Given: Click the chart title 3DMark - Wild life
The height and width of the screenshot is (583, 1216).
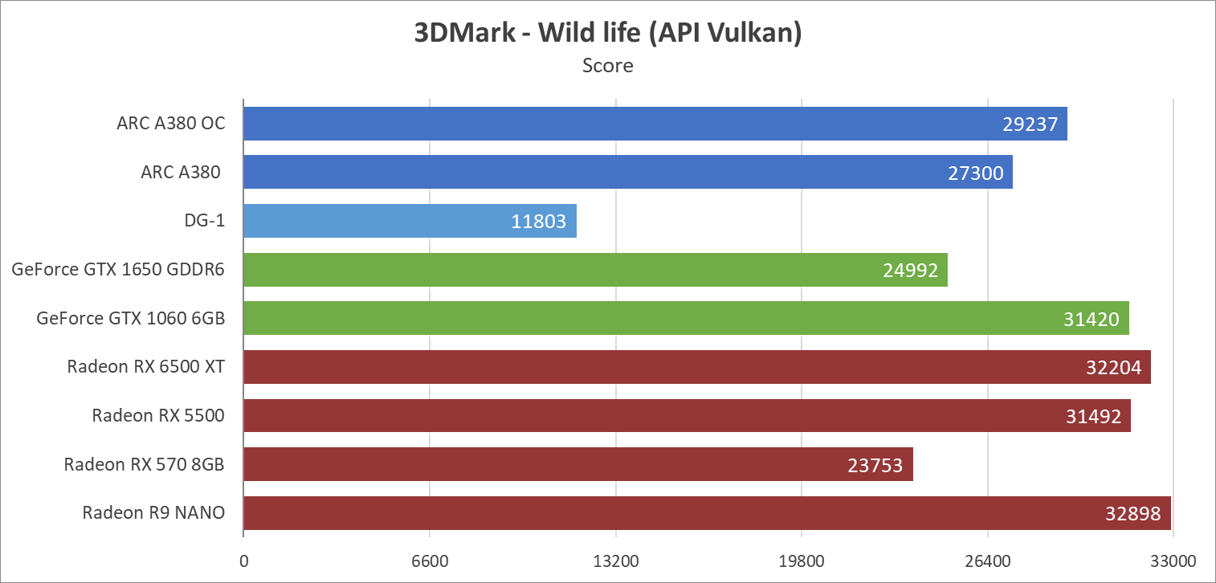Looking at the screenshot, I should coord(608,34).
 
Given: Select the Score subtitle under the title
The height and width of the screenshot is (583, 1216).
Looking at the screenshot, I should coord(608,65).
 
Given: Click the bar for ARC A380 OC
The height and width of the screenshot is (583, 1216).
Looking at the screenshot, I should coord(655,124).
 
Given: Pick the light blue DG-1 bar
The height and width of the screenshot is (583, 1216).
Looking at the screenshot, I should coord(410,221).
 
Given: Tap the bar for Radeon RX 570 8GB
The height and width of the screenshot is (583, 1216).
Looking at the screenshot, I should coord(577,464).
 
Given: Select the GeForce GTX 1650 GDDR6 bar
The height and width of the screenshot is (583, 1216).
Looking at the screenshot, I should coord(595,270).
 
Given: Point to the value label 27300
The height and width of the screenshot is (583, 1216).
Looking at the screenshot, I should coord(976,173).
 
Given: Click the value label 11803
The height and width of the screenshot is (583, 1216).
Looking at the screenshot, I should coord(540,222).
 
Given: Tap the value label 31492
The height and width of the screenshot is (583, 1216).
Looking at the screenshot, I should coord(1093,416).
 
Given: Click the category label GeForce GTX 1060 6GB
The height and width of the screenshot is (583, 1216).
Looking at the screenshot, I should coord(130,318).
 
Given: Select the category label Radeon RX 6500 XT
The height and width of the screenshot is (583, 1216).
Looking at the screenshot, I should coord(145,367).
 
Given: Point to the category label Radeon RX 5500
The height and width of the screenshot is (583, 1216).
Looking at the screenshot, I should coord(157,415).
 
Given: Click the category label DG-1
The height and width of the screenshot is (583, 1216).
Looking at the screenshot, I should coord(203,221).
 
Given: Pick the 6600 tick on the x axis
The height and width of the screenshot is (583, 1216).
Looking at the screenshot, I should coord(430,560).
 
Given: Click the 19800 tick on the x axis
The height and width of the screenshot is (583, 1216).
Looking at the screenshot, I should coord(802,560).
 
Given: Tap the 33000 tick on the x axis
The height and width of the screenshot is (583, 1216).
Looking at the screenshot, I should coord(1173,560).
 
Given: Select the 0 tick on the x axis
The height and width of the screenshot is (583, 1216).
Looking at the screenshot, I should coord(243,560).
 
